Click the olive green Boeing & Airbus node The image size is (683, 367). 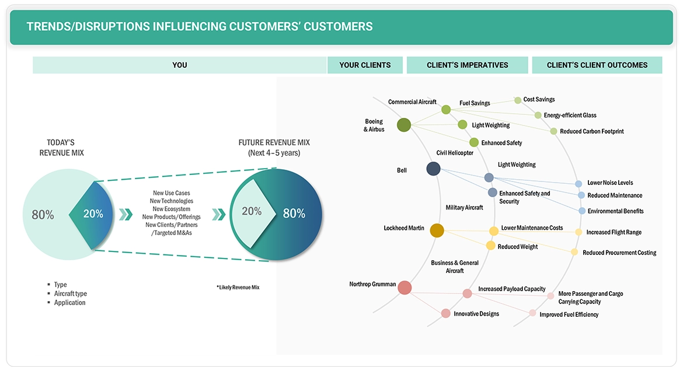tap(404, 125)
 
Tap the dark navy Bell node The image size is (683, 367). tap(433, 169)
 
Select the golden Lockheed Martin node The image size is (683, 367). tap(437, 230)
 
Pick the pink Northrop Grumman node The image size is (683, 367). tap(405, 287)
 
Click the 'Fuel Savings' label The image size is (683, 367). tap(475, 103)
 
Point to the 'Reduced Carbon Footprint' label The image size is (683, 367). tap(591, 131)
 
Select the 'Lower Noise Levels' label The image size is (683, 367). tap(610, 183)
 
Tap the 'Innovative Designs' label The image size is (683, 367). tap(476, 314)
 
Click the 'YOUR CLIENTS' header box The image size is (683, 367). tap(365, 65)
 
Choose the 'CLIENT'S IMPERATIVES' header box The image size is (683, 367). tap(467, 65)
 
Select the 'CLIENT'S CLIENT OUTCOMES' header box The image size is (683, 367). tap(597, 65)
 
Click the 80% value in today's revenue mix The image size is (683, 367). tap(43, 215)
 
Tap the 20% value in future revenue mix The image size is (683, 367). tap(252, 211)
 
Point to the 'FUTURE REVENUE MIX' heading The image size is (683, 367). tap(274, 142)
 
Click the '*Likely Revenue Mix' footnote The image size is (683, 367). tap(238, 288)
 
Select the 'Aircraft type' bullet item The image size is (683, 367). tap(71, 293)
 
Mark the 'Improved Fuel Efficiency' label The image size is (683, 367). tap(569, 314)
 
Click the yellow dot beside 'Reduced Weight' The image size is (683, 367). tap(491, 246)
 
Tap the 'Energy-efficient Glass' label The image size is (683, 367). tap(570, 115)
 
